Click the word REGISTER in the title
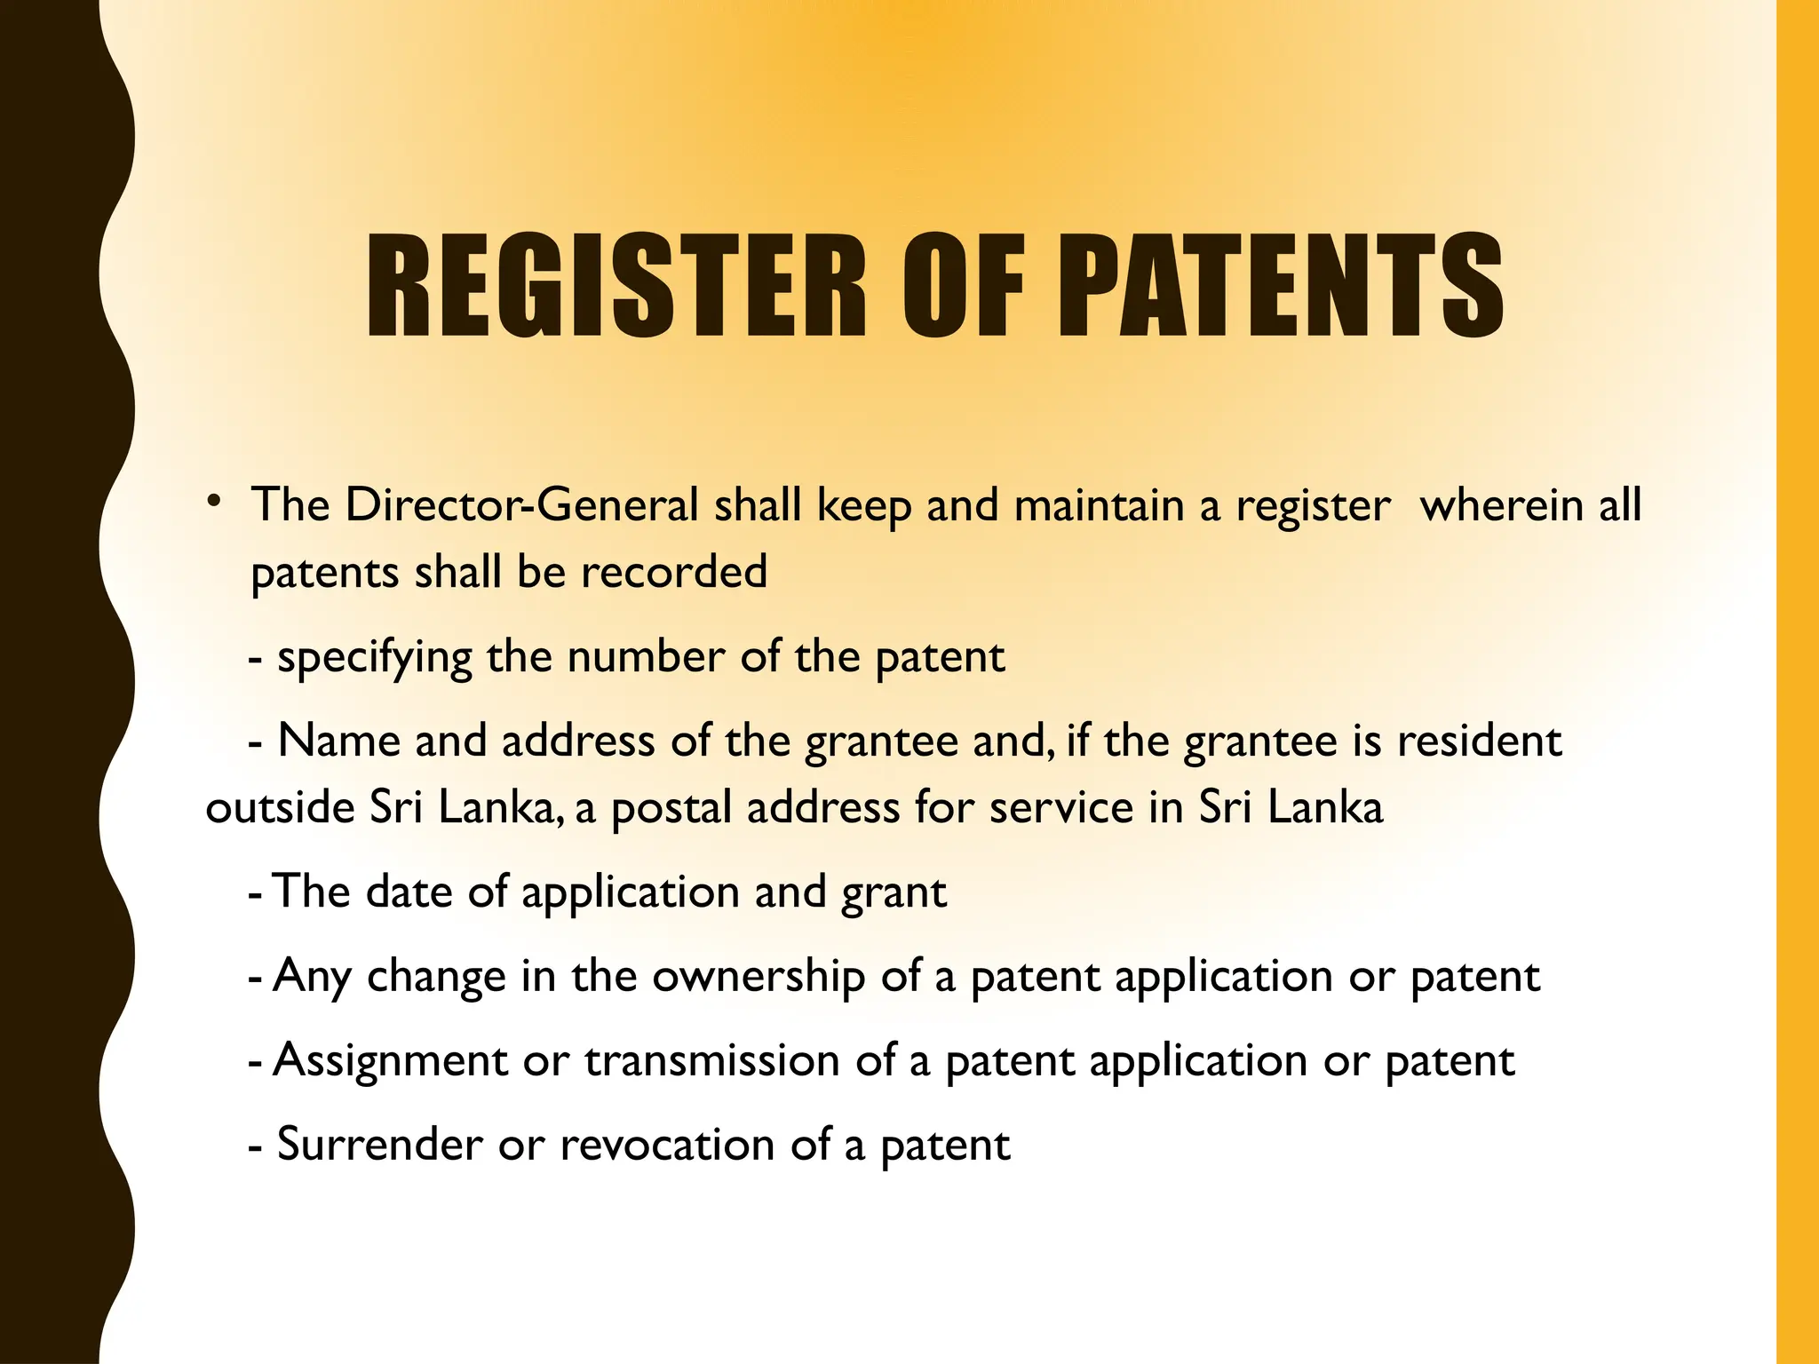616,285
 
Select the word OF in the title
963,285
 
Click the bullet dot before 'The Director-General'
213,503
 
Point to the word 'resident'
1479,741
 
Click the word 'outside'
280,808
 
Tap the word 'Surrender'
380,1145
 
